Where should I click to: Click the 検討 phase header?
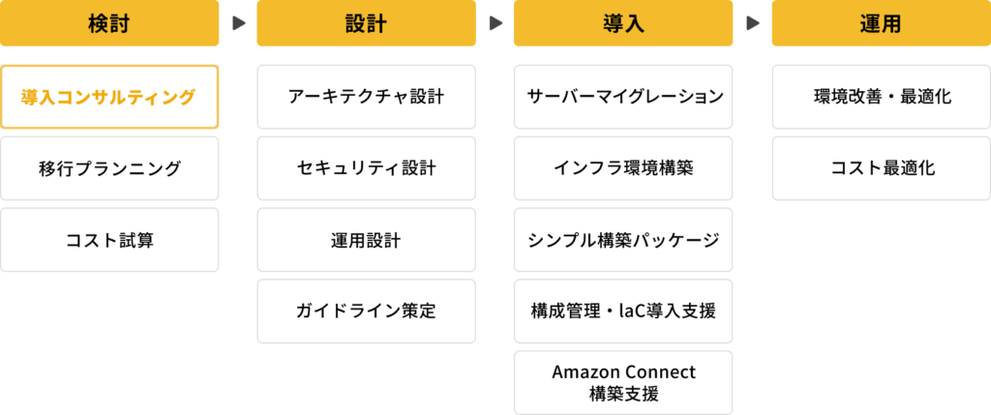(109, 23)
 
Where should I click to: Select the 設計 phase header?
(366, 23)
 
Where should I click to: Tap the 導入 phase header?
(623, 23)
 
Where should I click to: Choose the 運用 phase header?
(880, 23)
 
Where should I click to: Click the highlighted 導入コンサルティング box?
(109, 97)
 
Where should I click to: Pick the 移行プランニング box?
(109, 168)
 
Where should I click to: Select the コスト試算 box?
(109, 240)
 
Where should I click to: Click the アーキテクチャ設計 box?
(366, 97)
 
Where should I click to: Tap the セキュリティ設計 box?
(366, 168)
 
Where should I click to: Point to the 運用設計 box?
(366, 240)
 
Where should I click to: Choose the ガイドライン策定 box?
(366, 311)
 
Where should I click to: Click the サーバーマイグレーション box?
(623, 97)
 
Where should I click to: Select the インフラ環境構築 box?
(623, 168)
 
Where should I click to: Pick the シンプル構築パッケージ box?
(623, 240)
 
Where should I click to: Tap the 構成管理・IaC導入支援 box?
(623, 311)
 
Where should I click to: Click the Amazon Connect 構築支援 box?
(623, 382)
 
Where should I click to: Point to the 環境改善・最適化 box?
(880, 97)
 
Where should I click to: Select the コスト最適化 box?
(880, 168)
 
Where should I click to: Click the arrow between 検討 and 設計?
(238, 23)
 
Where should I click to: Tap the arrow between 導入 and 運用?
(752, 23)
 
